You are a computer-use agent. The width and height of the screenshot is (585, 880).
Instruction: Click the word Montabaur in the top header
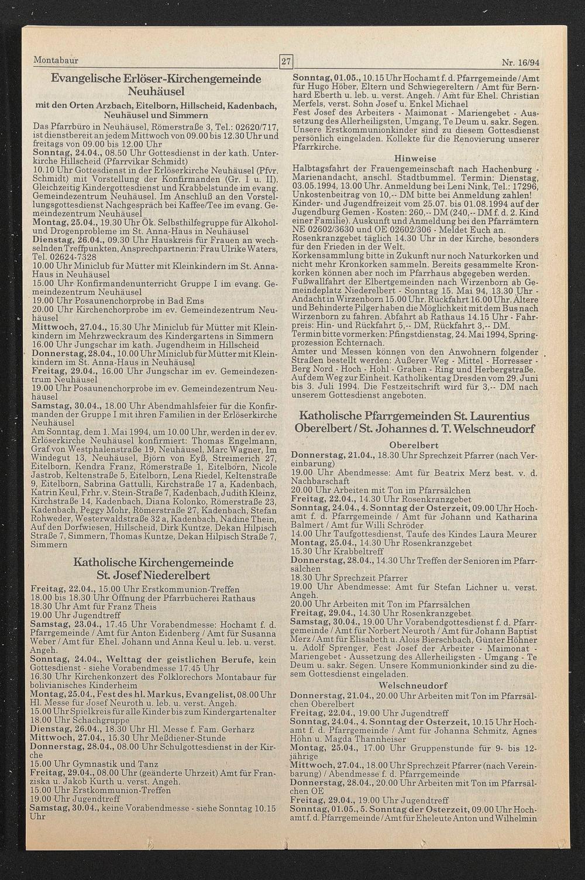tap(56, 60)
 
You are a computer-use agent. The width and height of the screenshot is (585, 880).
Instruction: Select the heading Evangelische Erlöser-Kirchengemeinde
tap(156, 78)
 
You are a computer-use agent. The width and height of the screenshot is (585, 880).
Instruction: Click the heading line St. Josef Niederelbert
tap(153, 576)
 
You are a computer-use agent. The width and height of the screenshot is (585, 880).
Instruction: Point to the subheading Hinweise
tap(415, 159)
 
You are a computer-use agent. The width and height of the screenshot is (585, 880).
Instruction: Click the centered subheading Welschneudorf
tap(413, 685)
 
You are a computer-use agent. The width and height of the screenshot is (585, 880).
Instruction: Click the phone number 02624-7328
tap(71, 257)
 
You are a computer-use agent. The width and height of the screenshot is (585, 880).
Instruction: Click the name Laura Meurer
tap(491, 534)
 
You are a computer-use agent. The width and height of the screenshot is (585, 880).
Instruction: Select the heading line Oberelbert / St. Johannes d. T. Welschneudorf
tap(414, 429)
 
